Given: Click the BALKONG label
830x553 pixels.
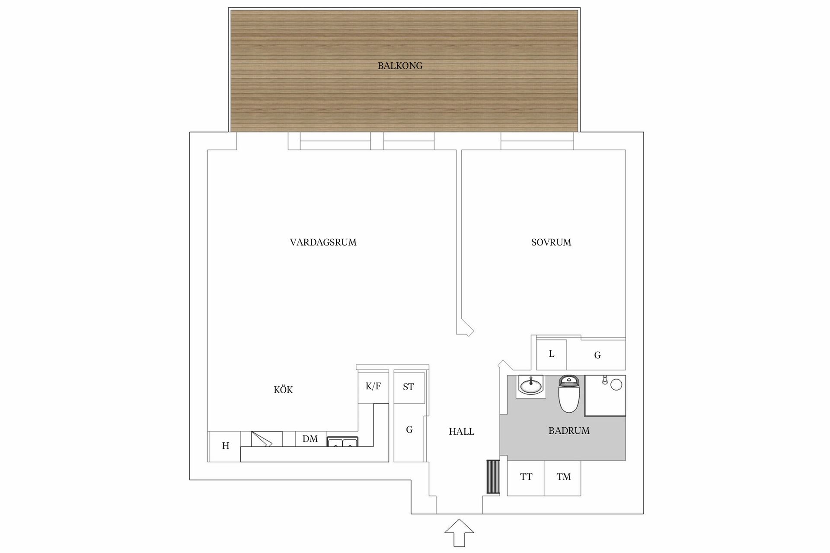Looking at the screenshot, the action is pos(400,66).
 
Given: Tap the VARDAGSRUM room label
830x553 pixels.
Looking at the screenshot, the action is pos(323,242).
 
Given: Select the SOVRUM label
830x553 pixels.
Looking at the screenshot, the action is pos(551,242).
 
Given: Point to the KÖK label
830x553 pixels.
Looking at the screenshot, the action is pos(283,390).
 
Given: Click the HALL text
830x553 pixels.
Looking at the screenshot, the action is pos(462,431).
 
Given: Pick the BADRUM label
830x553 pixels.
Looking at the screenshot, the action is pos(569,431).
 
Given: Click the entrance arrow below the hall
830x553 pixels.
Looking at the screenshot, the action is pos(460,533).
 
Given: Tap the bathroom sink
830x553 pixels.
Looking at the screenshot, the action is pos(531,385).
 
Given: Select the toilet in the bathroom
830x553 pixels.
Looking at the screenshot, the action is pos(569,394).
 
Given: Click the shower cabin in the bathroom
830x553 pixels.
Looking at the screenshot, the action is pos(605,396).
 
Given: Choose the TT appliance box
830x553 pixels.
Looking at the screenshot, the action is pos(526,478).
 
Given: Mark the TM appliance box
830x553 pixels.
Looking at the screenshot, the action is pos(563,478).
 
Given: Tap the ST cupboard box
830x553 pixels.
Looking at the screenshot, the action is pos(409,387).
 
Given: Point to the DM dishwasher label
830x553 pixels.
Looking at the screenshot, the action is pos(310,439).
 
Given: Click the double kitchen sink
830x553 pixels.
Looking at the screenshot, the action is pos(342,442).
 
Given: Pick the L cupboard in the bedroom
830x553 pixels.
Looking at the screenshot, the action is pos(552,354).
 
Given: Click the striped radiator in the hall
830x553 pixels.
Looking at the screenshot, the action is pos(493,477).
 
